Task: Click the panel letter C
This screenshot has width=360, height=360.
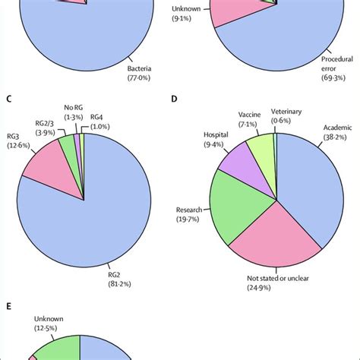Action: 8,98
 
